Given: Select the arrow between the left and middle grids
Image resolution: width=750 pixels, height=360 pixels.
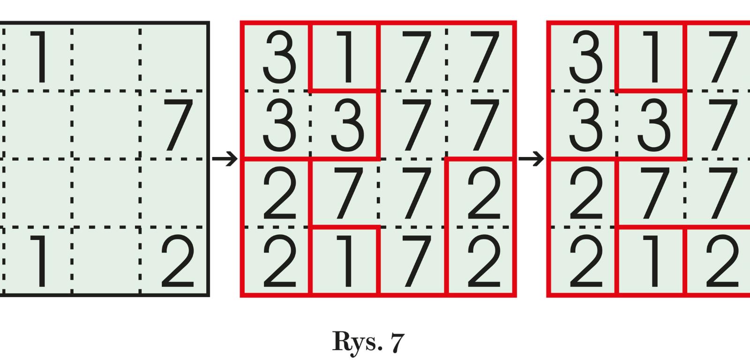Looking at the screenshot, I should click(x=225, y=159).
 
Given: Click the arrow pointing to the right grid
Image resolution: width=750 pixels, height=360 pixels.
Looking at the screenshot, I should click(x=531, y=159).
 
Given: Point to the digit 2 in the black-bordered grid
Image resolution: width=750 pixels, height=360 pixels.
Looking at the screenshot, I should click(x=178, y=262).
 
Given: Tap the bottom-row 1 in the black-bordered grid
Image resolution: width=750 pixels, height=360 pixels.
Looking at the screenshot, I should click(x=40, y=262).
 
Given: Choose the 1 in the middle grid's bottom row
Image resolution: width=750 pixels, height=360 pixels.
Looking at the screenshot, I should click(x=346, y=262).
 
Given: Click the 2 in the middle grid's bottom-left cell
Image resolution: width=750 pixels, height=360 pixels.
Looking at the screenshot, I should click(x=279, y=262).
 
